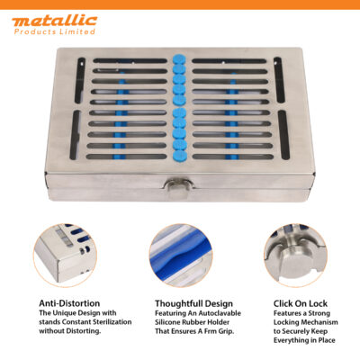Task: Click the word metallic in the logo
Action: tap(54, 19)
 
